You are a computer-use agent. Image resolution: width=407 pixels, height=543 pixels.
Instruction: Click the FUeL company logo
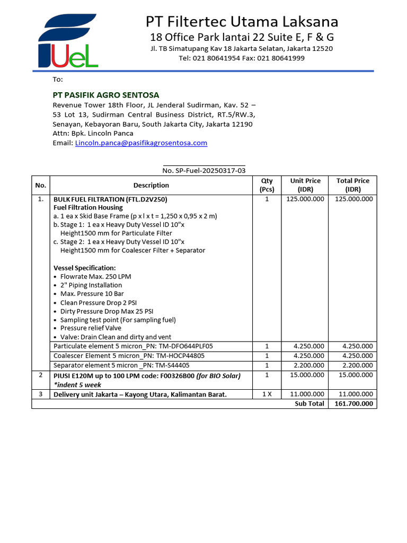67,41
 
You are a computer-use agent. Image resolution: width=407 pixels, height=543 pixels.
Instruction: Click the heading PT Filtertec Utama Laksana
242,22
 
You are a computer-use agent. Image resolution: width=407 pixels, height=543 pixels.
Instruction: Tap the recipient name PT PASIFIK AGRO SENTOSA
106,95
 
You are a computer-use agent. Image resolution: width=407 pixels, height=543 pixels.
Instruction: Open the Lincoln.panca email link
141,143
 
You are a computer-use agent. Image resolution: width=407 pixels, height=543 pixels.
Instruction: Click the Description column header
151,185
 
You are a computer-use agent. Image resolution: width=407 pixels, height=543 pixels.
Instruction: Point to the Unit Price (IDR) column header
305,185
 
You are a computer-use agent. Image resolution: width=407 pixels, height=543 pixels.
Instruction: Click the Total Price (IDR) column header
353,185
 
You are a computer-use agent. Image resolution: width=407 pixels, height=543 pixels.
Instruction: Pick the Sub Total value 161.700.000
353,404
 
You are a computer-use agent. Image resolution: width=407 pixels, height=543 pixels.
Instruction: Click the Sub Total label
309,404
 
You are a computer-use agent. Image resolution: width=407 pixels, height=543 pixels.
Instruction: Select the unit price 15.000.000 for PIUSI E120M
305,376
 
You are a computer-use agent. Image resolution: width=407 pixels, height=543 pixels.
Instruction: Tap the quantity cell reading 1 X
267,395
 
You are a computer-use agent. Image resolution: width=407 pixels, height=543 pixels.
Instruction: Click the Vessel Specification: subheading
85,268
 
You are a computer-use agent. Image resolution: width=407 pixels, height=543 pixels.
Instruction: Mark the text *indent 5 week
77,385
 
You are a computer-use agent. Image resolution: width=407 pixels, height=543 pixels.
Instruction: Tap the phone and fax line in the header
241,58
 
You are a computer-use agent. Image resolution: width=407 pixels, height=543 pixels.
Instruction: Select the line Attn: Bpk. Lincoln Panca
93,134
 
